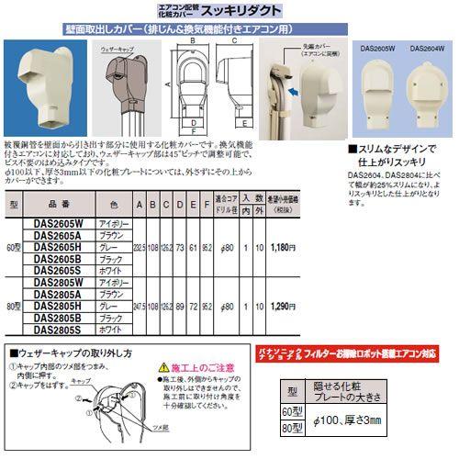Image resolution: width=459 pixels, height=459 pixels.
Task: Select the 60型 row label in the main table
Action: click(x=13, y=248)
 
